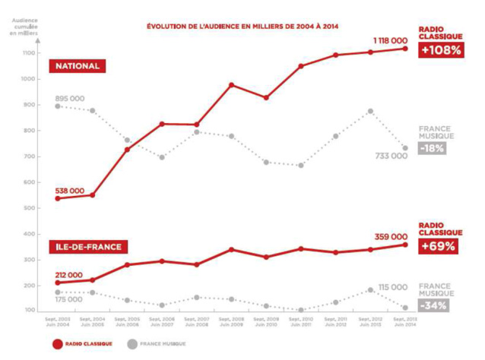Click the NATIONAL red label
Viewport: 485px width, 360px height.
coord(76,66)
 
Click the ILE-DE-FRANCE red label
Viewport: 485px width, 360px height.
coord(87,247)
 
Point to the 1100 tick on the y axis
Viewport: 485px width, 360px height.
coord(28,53)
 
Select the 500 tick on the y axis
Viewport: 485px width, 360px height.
coord(28,208)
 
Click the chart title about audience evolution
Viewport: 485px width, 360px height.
coord(242,26)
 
